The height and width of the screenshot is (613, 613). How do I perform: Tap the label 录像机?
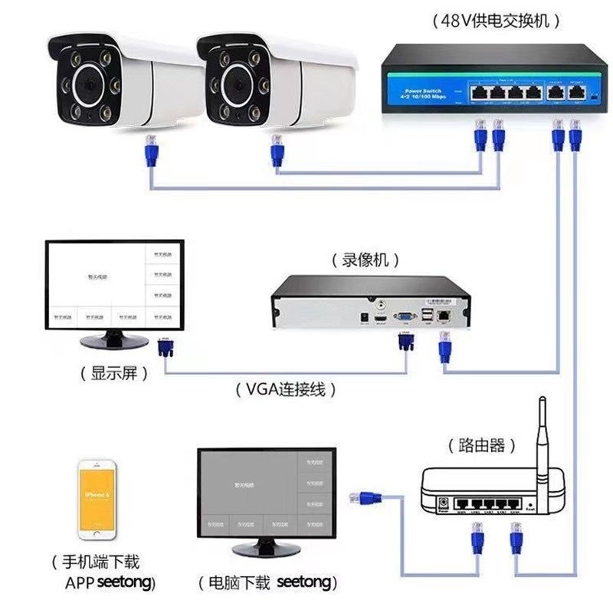(x=366, y=261)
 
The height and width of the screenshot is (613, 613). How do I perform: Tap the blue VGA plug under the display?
(x=164, y=348)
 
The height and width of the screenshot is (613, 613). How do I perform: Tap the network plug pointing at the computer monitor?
(x=366, y=497)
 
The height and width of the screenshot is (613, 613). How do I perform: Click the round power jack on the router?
(x=441, y=504)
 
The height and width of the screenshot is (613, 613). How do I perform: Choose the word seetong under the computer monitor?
(x=304, y=583)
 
